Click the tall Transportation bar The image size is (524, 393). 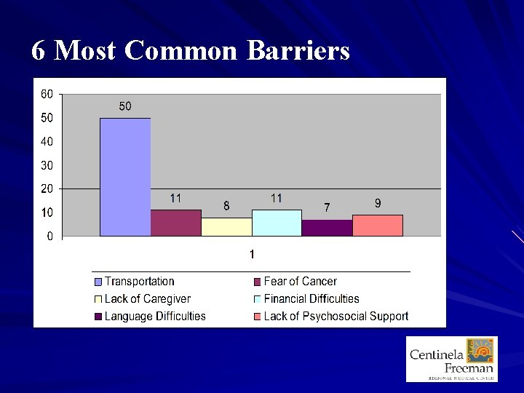point(125,177)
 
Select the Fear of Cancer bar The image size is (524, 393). point(175,223)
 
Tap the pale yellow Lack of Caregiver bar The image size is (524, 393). point(226,226)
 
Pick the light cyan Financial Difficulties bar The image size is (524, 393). point(277,223)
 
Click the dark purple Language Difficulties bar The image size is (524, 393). point(327,228)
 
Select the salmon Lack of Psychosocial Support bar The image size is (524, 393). point(377,225)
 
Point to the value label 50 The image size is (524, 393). point(125,107)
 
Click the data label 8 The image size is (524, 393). point(226,206)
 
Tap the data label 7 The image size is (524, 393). point(327,208)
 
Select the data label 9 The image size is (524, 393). point(377,204)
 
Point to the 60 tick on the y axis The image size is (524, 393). point(47,94)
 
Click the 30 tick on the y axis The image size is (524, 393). point(47,165)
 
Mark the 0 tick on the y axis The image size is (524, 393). point(49,237)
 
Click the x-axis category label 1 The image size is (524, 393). point(252,254)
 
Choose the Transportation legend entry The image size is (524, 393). point(139,282)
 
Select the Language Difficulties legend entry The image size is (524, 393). point(154,317)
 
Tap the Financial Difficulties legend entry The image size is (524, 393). point(311,299)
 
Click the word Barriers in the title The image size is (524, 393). point(298,51)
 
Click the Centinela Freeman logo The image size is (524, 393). point(451,359)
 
